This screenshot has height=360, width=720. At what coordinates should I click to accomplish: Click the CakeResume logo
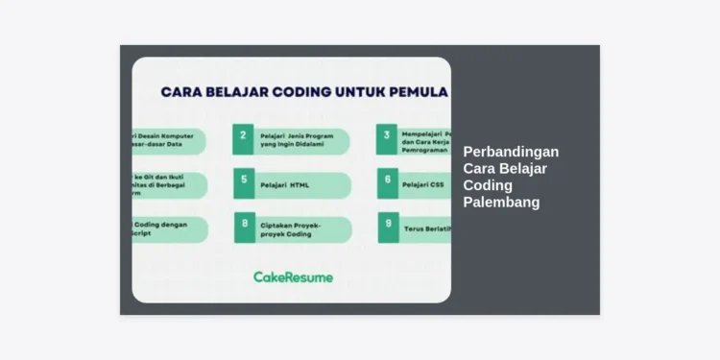293,276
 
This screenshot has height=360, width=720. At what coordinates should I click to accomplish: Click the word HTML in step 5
300,184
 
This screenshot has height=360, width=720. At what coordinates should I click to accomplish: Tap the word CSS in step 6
438,184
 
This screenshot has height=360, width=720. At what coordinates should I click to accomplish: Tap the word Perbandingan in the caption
511,152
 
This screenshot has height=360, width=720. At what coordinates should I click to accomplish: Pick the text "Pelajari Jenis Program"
297,136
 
